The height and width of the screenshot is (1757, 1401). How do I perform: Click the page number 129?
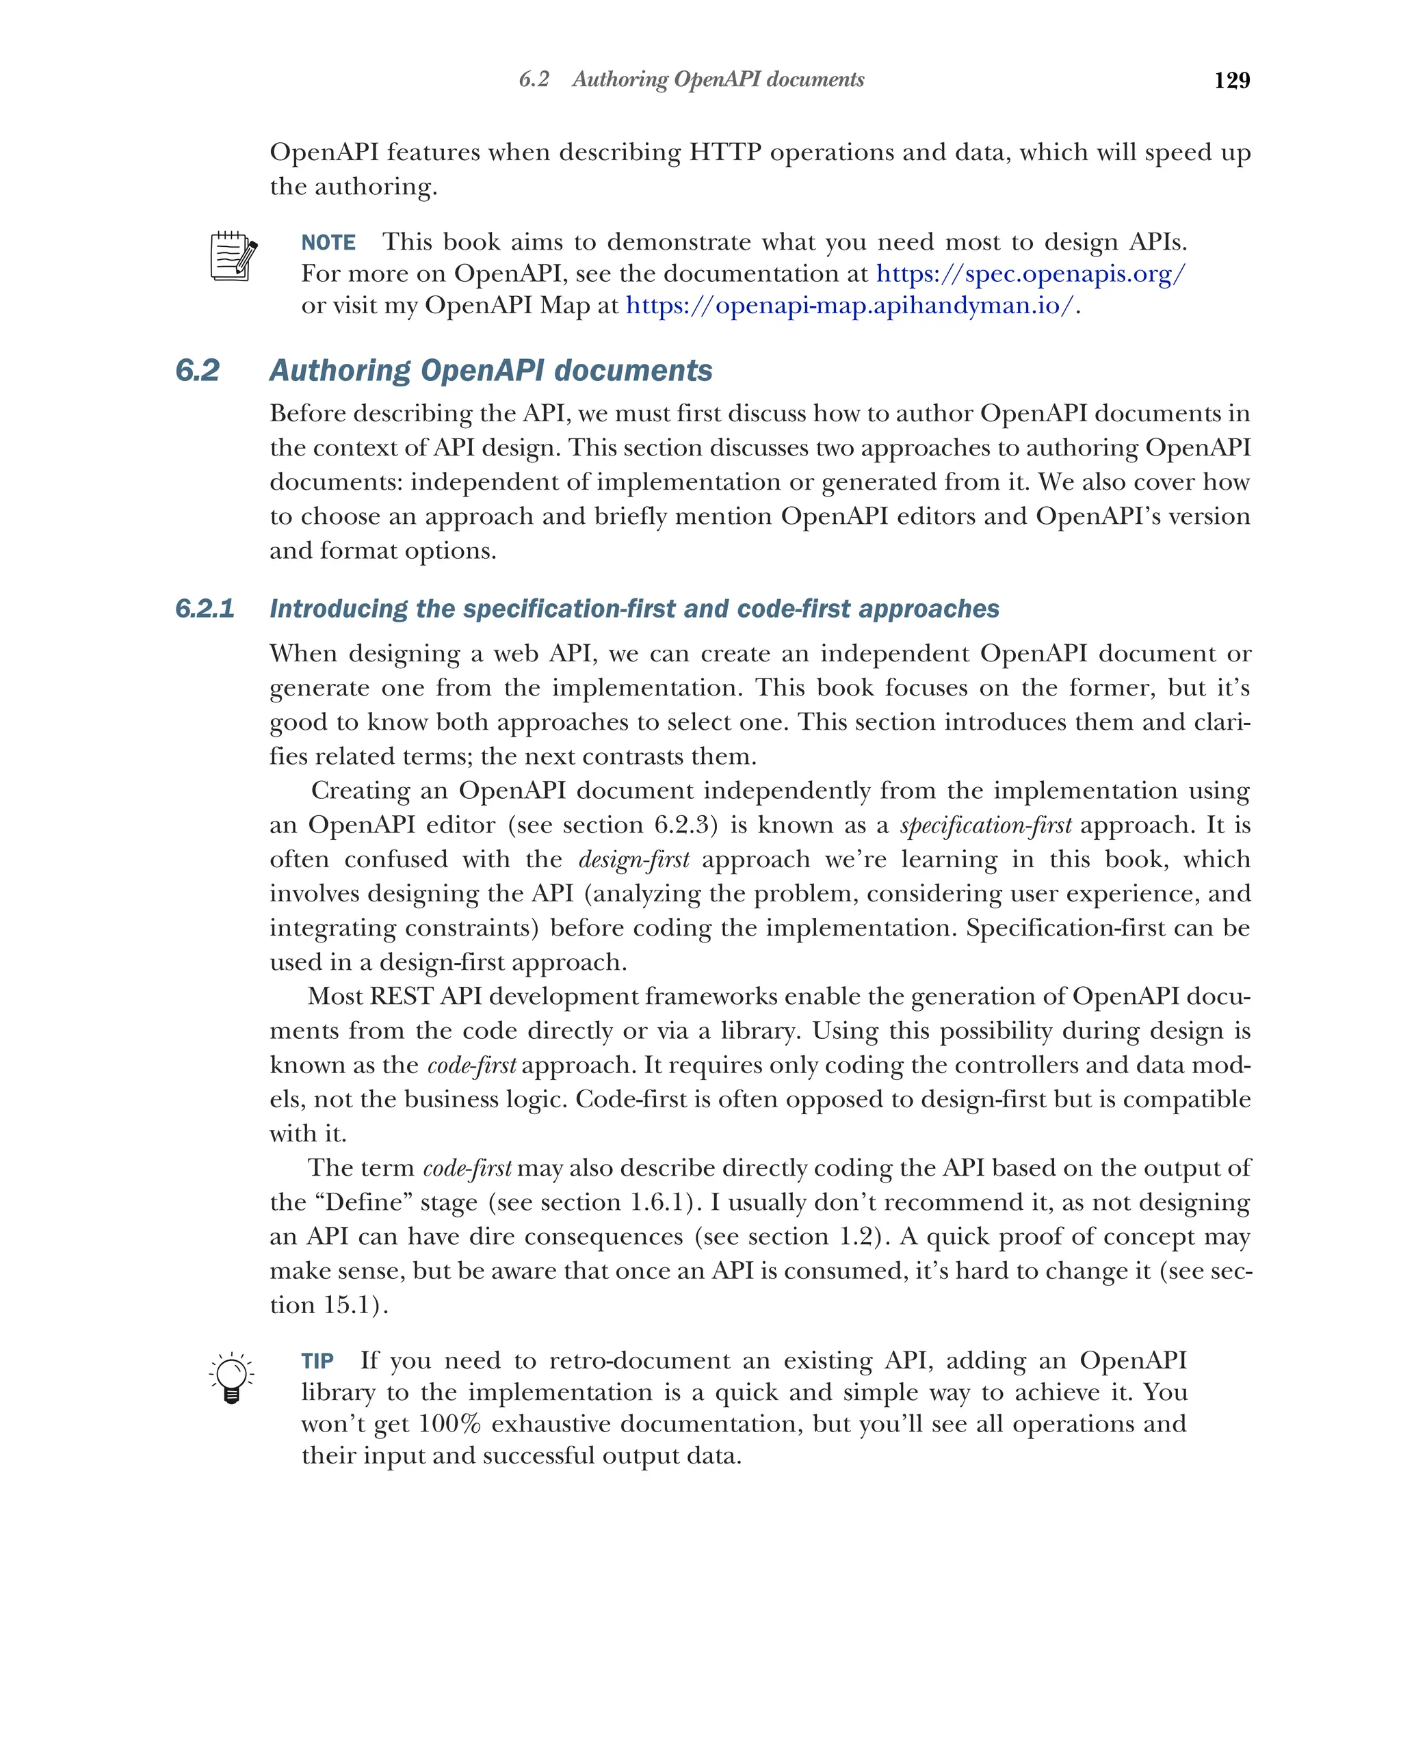pos(1231,80)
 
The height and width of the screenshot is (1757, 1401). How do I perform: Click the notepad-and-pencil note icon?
pos(233,256)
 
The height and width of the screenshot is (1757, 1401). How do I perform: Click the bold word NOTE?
pos(328,243)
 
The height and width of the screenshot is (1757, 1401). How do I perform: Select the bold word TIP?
pos(317,1361)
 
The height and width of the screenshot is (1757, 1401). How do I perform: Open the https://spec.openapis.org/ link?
pos(1030,274)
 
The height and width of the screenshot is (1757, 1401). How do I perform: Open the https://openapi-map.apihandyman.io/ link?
pos(849,306)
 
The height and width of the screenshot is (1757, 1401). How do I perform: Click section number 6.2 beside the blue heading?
pos(197,371)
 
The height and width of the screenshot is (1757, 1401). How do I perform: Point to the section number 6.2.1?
pos(205,609)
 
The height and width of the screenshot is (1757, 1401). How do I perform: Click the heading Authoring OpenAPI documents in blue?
pos(490,371)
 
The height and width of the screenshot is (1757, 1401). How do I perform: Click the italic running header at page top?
pos(691,80)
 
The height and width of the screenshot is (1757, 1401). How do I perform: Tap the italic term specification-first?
pos(985,825)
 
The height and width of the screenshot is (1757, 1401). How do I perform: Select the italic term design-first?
pos(633,860)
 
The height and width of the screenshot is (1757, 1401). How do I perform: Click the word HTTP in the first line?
pos(724,153)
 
